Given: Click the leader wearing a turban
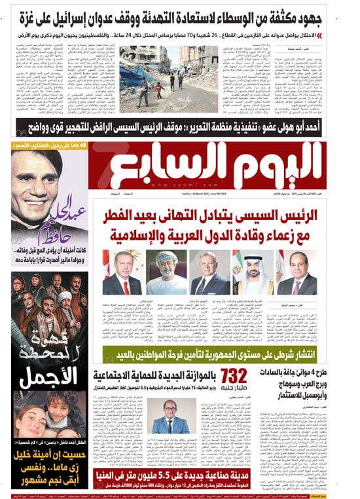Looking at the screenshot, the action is coord(166,272).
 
